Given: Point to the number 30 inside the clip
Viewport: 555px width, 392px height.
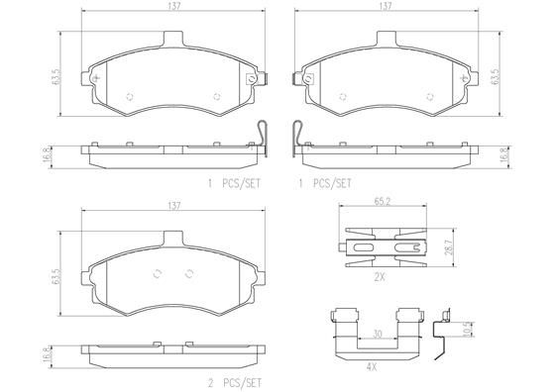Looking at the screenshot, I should click(378, 335).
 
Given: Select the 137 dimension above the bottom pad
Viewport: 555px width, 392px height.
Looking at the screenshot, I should click(174, 205).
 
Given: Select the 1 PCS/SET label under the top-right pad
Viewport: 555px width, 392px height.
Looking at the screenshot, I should click(325, 183).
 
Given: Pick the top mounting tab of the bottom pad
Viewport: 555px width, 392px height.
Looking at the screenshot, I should click(174, 239).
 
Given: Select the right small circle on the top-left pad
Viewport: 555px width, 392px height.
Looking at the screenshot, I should click(217, 96).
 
